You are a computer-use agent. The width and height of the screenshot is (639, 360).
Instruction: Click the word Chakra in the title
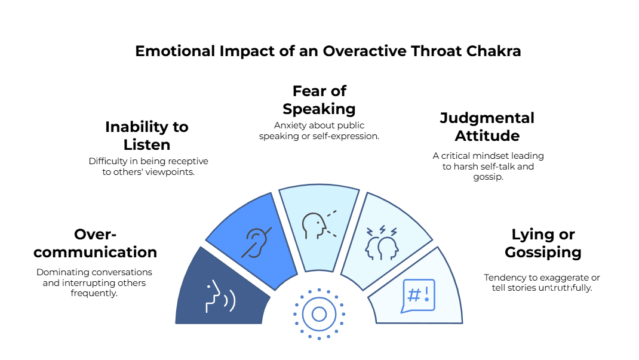click(x=493, y=51)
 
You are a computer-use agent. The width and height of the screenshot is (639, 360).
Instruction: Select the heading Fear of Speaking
click(x=319, y=100)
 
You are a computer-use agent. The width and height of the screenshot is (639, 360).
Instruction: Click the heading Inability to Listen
click(x=147, y=136)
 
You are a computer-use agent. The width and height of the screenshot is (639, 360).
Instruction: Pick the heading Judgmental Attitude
click(x=487, y=127)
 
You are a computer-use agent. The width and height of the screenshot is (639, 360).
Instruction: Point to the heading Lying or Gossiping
click(x=543, y=243)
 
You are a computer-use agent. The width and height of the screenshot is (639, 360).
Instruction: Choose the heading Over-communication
click(x=95, y=243)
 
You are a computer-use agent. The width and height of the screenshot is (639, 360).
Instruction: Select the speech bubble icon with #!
click(x=419, y=295)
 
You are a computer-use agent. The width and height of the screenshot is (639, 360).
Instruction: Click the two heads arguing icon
click(x=382, y=243)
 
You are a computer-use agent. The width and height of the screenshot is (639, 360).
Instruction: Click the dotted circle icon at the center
click(x=319, y=313)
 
